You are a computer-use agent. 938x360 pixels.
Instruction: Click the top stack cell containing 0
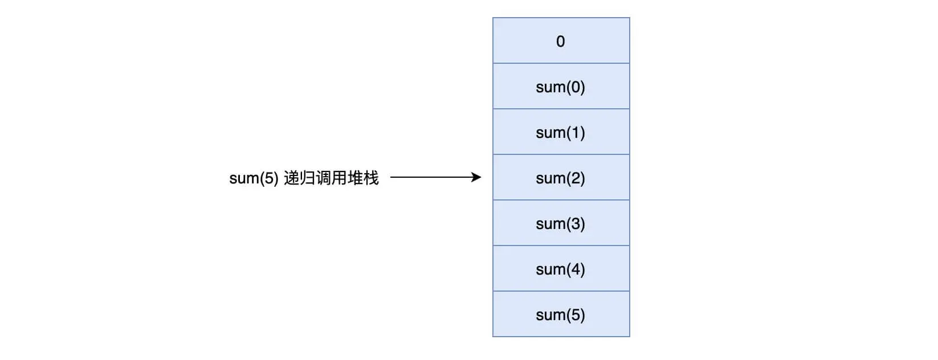coord(561,41)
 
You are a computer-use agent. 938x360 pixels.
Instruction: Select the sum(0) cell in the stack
coord(561,87)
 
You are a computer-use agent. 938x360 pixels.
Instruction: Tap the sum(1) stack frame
coord(561,132)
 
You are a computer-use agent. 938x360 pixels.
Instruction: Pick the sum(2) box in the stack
coord(561,178)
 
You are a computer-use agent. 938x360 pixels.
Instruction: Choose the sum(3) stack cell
coord(561,223)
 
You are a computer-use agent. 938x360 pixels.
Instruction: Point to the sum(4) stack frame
coord(561,269)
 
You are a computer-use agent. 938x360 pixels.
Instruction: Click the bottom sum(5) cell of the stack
coord(561,314)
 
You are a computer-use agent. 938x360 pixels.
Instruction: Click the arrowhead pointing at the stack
coord(477,177)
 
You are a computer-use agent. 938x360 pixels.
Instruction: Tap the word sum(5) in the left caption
coord(254,178)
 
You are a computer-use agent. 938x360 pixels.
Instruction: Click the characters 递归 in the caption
coord(299,178)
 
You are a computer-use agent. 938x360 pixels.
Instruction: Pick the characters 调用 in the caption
coord(331,178)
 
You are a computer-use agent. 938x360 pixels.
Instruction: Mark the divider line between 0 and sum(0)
coord(561,63)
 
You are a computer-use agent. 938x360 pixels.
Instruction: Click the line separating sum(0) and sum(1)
coord(561,109)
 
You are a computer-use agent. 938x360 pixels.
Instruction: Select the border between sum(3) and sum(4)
coord(561,246)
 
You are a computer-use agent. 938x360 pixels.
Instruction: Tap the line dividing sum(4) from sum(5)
coord(561,291)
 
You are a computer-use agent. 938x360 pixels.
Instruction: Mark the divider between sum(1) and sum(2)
coord(561,154)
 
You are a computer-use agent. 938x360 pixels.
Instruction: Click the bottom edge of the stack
coord(561,337)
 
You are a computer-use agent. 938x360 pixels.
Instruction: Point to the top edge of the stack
coord(561,18)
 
